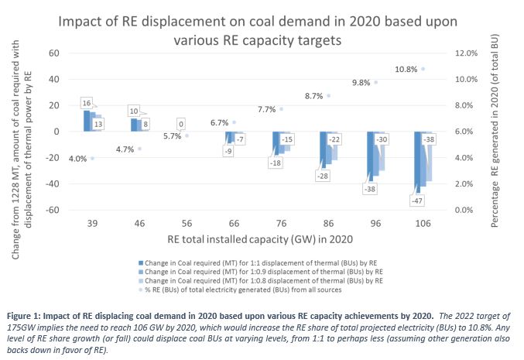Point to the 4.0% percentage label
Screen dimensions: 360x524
(x=77, y=159)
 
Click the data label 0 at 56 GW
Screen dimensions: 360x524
(x=180, y=123)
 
